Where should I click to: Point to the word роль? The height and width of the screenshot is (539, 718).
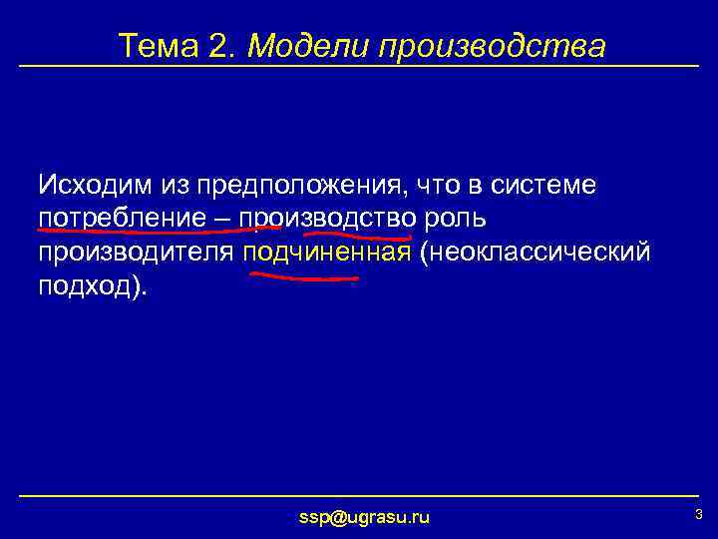(x=454, y=219)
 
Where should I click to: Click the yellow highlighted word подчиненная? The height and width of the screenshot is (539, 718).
(x=327, y=252)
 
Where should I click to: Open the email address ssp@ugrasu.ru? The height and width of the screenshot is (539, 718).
(x=364, y=516)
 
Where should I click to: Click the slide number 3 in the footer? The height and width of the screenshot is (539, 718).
(x=698, y=514)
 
